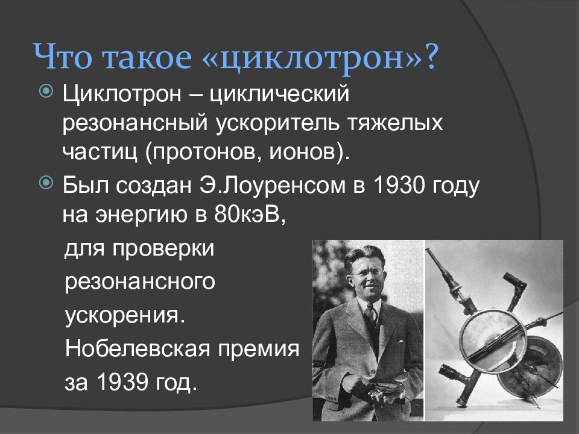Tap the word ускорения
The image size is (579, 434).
pyautogui.click(x=124, y=315)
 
